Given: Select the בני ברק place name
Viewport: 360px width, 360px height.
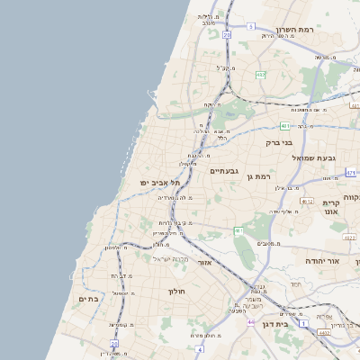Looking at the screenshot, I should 280,142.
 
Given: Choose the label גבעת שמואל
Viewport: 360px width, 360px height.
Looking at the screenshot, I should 314,157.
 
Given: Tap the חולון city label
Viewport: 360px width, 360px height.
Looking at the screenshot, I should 176,292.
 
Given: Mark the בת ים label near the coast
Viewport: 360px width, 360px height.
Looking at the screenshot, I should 88,298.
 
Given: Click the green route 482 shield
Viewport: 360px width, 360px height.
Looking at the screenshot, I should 260,76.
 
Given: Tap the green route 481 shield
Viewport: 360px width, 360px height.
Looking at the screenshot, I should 283,126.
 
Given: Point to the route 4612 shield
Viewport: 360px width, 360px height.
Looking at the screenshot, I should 307,202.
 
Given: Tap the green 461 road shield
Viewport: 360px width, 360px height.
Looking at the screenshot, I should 238,231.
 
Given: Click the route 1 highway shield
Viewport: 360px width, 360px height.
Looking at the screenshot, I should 304,322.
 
